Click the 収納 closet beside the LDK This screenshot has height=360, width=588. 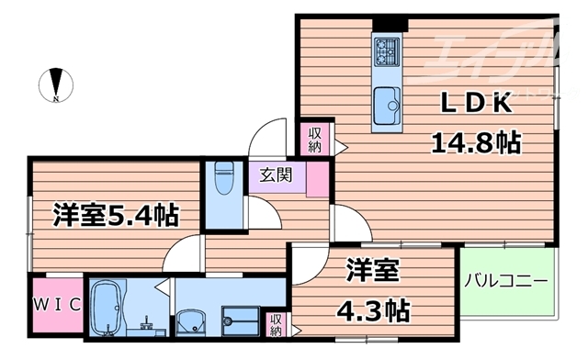[315, 139]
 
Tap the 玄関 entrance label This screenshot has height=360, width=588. [276, 174]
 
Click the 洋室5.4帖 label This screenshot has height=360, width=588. [115, 216]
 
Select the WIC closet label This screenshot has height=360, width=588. [58, 304]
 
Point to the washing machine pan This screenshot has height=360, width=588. [243, 321]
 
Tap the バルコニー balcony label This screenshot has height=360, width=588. [506, 280]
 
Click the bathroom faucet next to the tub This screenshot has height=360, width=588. [147, 321]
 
